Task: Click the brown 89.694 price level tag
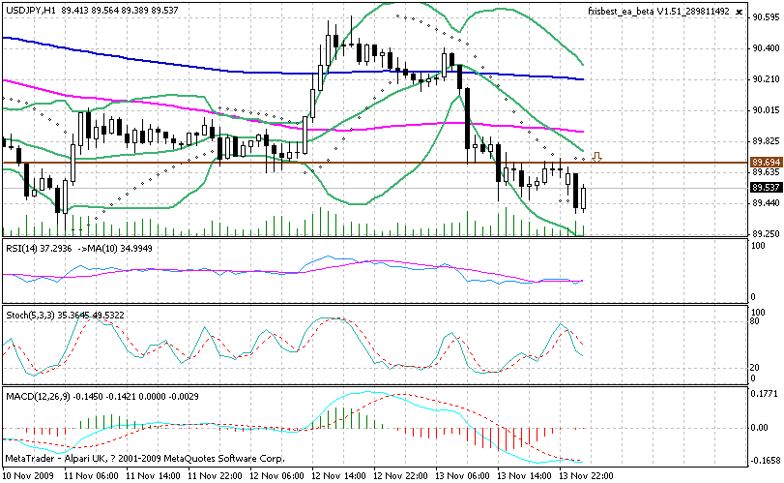[766, 162]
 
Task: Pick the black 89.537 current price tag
[766, 187]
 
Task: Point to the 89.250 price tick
[766, 234]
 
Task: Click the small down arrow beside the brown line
[598, 157]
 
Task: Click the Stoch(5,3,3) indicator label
[29, 316]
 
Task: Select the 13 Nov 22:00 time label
[586, 476]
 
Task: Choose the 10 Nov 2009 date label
[29, 476]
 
